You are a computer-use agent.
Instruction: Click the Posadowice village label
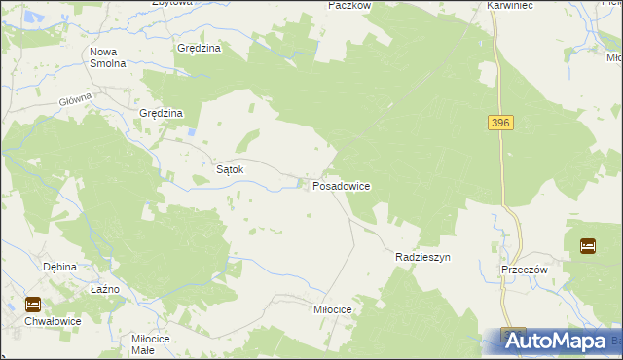(341, 185)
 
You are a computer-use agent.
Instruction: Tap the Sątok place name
(229, 169)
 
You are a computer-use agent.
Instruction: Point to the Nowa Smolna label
(108, 57)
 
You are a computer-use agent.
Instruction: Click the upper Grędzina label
(200, 48)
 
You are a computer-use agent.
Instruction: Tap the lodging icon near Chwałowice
(33, 304)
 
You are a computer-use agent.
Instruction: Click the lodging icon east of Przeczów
(588, 246)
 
